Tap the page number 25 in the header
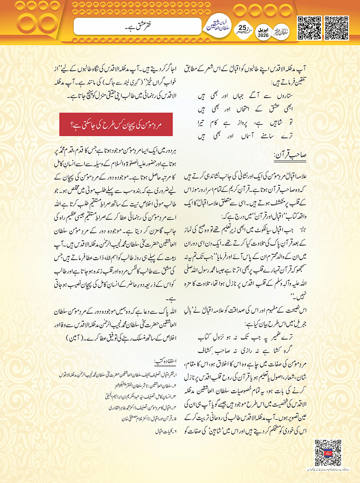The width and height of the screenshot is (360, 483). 242,28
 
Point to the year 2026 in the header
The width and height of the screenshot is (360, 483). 263,35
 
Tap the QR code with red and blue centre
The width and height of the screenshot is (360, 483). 328,452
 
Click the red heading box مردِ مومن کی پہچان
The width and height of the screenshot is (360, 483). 116,124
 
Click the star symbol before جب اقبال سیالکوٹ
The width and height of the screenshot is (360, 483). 303,230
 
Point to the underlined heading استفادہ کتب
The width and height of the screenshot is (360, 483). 165,361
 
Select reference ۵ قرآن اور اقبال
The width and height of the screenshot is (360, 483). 149,419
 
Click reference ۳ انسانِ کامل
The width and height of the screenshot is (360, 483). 140,397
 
